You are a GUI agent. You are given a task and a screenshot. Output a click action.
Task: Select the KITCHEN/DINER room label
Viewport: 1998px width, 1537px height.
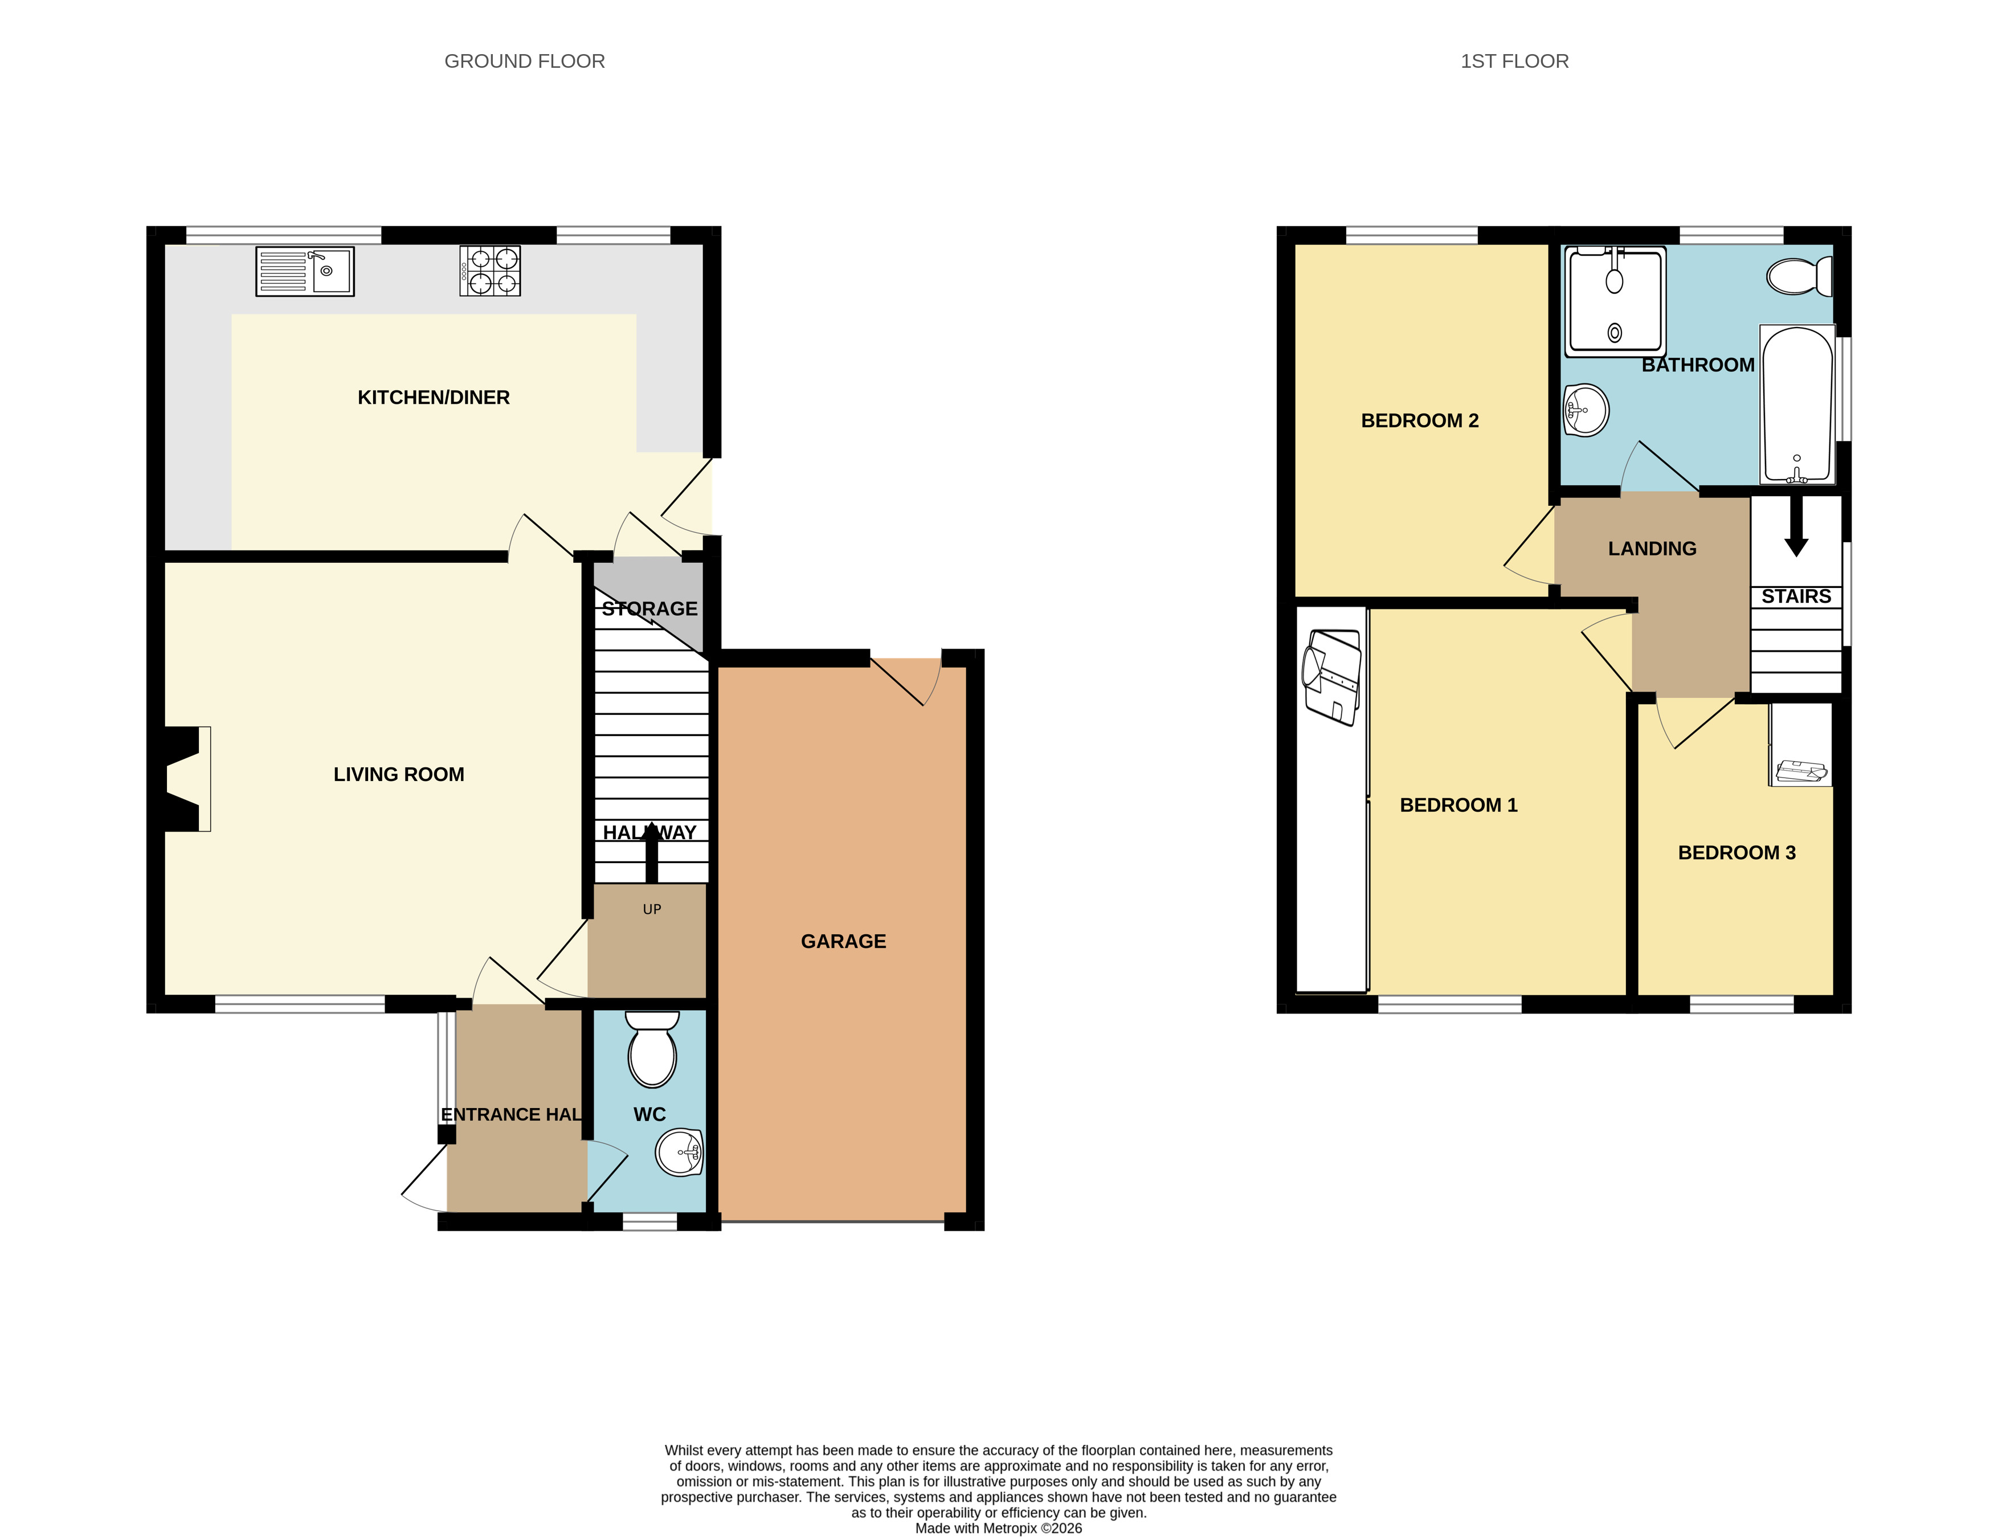pyautogui.click(x=434, y=397)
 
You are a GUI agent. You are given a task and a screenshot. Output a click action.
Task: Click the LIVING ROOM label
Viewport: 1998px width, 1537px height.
pyautogui.click(x=399, y=774)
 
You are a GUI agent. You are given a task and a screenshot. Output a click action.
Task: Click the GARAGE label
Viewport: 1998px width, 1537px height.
pyautogui.click(x=844, y=942)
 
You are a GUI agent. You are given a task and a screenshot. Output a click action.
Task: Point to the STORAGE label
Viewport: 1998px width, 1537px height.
pyautogui.click(x=649, y=608)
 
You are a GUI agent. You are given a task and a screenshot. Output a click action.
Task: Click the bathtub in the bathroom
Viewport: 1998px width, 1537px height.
pyautogui.click(x=1797, y=404)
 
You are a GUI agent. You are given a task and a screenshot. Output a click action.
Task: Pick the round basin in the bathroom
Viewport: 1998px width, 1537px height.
pyautogui.click(x=1586, y=410)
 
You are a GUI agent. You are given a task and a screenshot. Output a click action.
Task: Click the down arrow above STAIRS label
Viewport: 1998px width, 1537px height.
pyautogui.click(x=1796, y=525)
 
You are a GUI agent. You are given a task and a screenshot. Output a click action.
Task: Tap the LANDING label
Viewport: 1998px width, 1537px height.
pyautogui.click(x=1652, y=549)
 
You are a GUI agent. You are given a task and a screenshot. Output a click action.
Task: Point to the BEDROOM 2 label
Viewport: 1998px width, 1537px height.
pyautogui.click(x=1420, y=421)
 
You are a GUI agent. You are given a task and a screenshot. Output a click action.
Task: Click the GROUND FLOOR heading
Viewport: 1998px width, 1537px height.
pyautogui.click(x=524, y=62)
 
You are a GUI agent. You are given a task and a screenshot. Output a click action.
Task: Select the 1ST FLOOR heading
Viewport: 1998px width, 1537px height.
pyautogui.click(x=1514, y=62)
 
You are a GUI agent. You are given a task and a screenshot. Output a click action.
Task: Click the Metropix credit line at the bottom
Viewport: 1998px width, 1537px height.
pyautogui.click(x=999, y=1528)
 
